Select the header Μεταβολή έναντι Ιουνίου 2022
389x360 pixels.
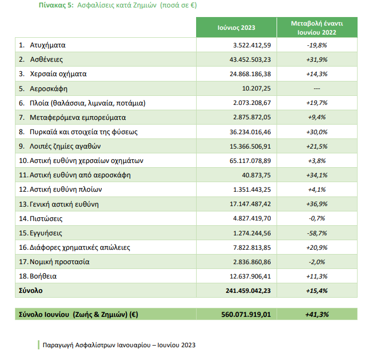[317, 27]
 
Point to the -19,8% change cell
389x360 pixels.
[317, 45]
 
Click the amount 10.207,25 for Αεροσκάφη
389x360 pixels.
[256, 88]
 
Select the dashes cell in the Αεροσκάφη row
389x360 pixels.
[317, 88]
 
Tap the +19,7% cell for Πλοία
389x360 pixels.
[317, 103]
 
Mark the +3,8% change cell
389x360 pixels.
[317, 160]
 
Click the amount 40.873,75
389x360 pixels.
[256, 175]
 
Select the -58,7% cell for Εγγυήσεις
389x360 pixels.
[317, 233]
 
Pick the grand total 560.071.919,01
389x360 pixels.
[246, 314]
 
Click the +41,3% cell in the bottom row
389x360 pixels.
[317, 314]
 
